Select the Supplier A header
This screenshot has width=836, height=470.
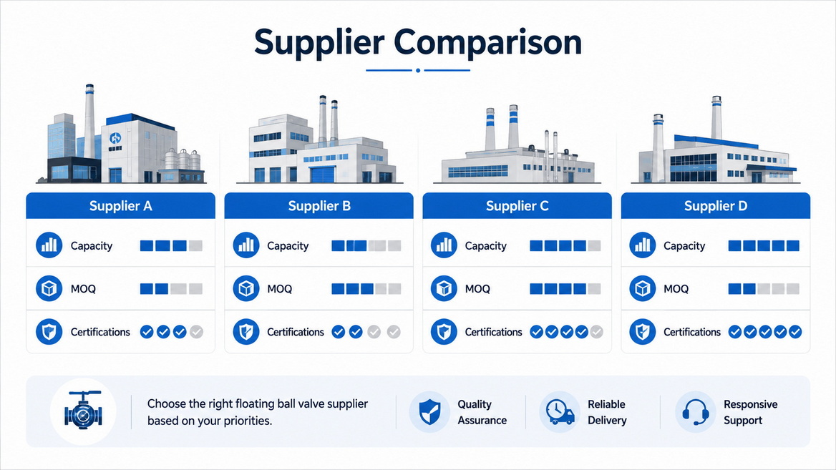pyautogui.click(x=120, y=206)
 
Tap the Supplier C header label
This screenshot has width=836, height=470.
pyautogui.click(x=517, y=206)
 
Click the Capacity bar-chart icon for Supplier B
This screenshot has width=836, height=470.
pyautogui.click(x=246, y=245)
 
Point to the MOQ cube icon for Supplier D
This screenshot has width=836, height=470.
pyautogui.click(x=643, y=288)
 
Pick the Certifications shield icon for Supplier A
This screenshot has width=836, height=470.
pyautogui.click(x=49, y=331)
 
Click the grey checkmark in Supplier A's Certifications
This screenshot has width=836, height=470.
pyautogui.click(x=196, y=332)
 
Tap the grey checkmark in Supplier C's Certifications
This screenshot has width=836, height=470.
pyautogui.click(x=597, y=332)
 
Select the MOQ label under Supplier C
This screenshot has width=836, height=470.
pyautogui.click(x=477, y=289)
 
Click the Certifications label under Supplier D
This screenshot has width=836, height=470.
pyautogui.click(x=692, y=332)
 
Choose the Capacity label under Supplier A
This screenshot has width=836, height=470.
pyautogui.click(x=92, y=245)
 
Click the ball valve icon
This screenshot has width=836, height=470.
pyautogui.click(x=83, y=411)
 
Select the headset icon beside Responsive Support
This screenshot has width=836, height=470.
pyautogui.click(x=695, y=412)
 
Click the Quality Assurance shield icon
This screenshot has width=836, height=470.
pyautogui.click(x=429, y=412)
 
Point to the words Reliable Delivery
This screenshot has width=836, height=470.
pyautogui.click(x=607, y=412)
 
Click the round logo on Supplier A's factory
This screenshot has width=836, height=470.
pyautogui.click(x=115, y=138)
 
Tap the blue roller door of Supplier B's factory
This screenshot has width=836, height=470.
pyautogui.click(x=321, y=175)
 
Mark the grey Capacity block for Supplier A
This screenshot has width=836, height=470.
pyautogui.click(x=195, y=245)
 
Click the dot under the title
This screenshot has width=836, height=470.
pyautogui.click(x=418, y=70)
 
